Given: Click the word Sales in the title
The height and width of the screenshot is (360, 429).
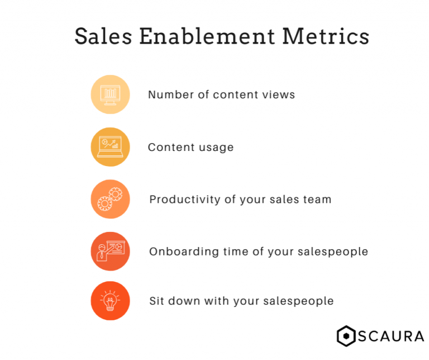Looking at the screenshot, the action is (103, 36).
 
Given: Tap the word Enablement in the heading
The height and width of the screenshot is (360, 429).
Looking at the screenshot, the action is (207, 36).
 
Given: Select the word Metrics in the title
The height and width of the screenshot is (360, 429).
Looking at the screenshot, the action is (326, 36).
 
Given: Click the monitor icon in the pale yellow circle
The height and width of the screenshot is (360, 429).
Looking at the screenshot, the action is (110, 94).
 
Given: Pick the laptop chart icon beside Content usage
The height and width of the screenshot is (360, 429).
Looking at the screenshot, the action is (110, 147).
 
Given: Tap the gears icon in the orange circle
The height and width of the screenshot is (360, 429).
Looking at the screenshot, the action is (110, 199).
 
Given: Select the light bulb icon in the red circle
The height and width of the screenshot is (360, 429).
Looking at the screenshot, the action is (110, 301).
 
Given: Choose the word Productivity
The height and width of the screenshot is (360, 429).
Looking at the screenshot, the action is (185, 200).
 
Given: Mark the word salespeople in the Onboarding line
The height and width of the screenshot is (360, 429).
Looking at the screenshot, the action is (333, 252).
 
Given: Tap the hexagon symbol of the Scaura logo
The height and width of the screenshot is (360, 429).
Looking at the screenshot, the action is (346, 336).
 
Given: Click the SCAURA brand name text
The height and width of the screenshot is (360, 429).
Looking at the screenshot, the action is (391, 337).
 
